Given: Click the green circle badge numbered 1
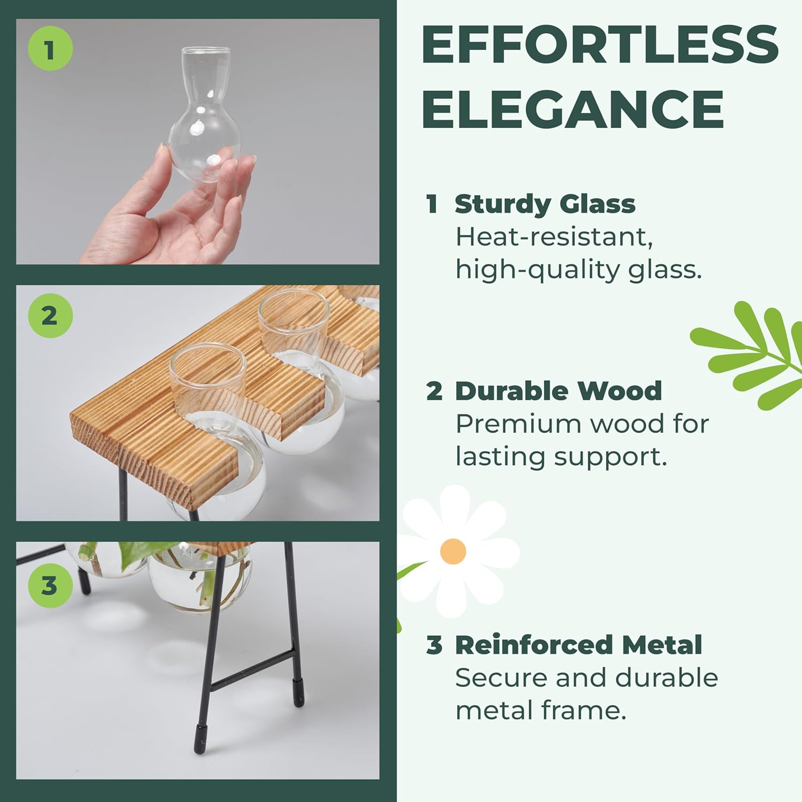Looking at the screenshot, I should pyautogui.click(x=50, y=50).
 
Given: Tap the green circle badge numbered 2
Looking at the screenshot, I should pyautogui.click(x=50, y=315).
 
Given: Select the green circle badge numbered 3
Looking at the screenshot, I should pyautogui.click(x=50, y=585).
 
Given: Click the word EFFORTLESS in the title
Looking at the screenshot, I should pyautogui.click(x=599, y=45).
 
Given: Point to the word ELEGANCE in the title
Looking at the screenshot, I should pyautogui.click(x=573, y=109).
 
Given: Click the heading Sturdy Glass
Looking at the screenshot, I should pyautogui.click(x=544, y=204).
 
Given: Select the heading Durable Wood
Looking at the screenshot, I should pyautogui.click(x=558, y=391).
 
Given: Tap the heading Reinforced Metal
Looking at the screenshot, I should pyautogui.click(x=578, y=645).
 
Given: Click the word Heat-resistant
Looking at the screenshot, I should pyautogui.click(x=553, y=237).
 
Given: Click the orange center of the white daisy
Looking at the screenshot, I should pyautogui.click(x=453, y=551).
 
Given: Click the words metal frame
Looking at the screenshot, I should pyautogui.click(x=540, y=711).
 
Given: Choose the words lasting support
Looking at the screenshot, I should pyautogui.click(x=561, y=457).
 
